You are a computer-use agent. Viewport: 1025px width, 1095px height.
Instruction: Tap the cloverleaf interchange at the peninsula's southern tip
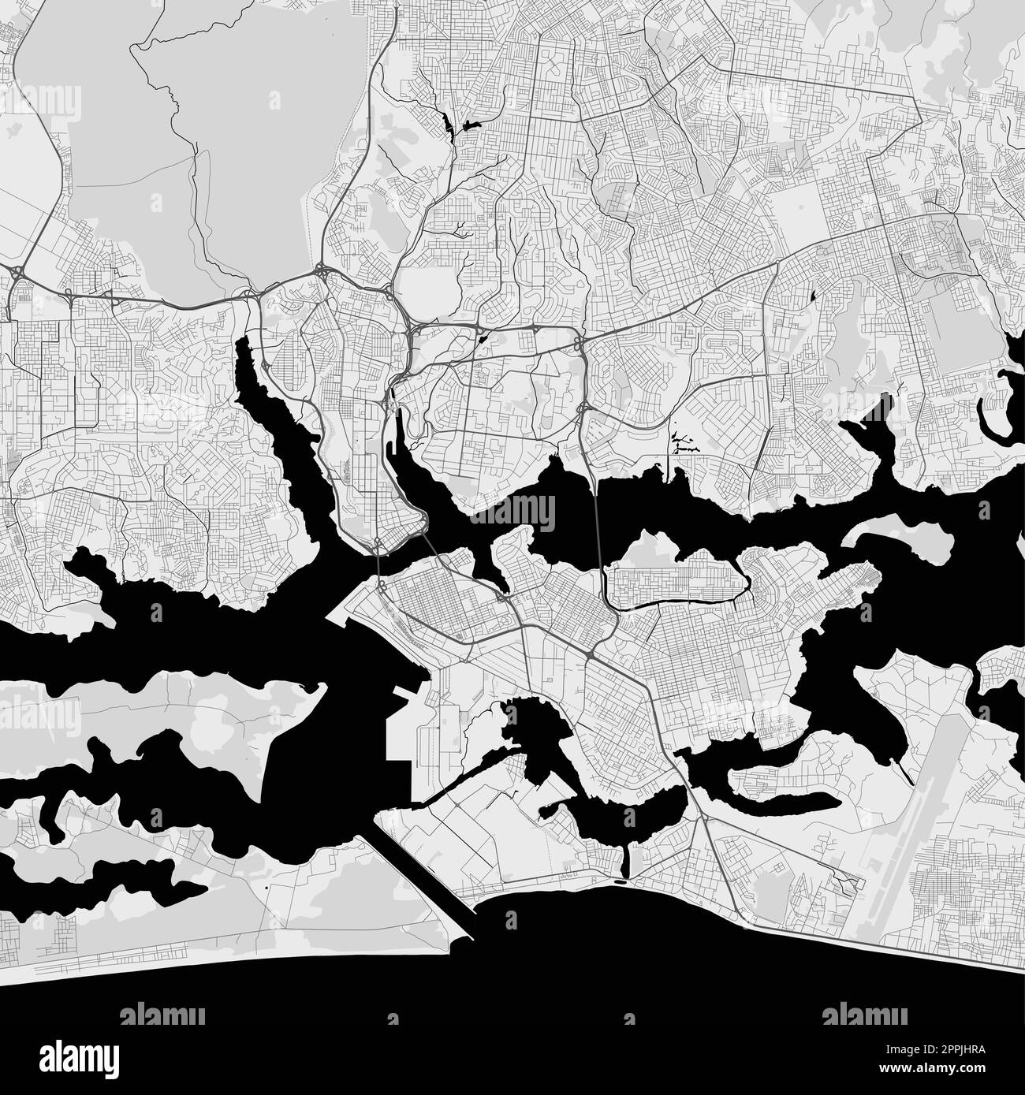(x=379, y=542)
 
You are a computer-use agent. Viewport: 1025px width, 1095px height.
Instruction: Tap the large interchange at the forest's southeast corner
(x=323, y=272)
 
